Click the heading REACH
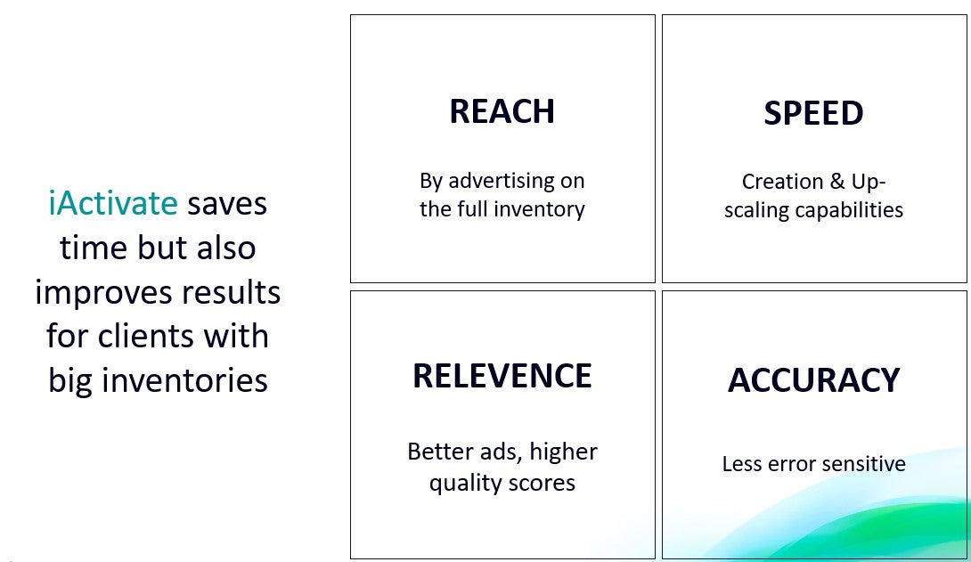coord(502,111)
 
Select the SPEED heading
coord(813,113)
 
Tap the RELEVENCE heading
coord(502,376)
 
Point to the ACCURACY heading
coord(813,380)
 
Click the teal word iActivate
coord(113,203)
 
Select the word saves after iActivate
coord(227,204)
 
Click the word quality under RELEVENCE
coord(456,484)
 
